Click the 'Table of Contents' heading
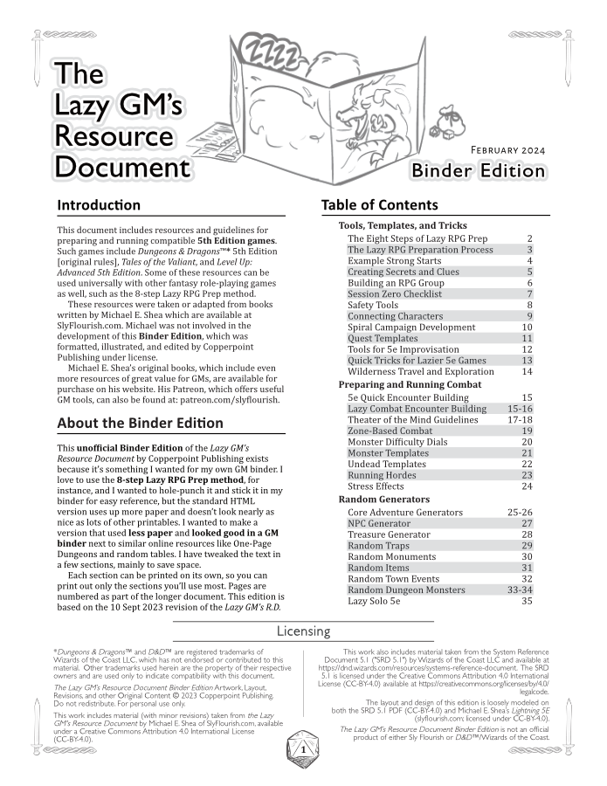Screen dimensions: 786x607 pos(380,205)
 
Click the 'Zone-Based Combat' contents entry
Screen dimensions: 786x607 pos(390,431)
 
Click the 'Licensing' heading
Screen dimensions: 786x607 pos(303,631)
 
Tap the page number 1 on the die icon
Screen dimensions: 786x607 pos(302,749)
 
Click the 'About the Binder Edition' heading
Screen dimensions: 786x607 pos(140,424)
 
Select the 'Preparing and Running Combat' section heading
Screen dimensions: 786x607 pos(410,385)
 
